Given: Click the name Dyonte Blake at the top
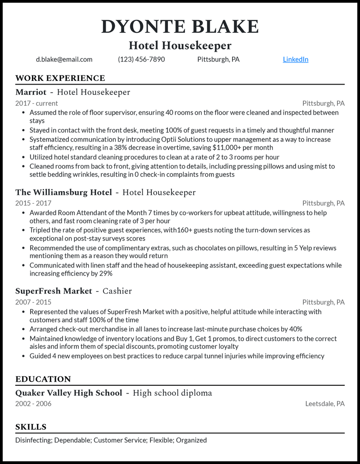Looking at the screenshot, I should coord(180,27).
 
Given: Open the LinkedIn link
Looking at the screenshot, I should coord(296,59).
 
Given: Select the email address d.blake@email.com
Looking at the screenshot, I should coord(64,59).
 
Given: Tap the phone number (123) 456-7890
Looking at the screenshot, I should coord(141,59).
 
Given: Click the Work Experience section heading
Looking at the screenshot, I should coord(60,78).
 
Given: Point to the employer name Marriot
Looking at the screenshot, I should coord(31,92).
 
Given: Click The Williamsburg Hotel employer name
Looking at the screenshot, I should coord(63,192).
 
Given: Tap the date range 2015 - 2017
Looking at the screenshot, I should coord(33,203).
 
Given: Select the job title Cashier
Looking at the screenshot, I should coord(117,291).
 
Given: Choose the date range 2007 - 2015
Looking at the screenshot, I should coord(33,302).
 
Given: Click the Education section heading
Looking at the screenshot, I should coord(43,379).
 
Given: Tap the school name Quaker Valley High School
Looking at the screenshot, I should coord(69,393).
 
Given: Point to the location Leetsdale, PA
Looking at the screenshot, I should coord(325,404).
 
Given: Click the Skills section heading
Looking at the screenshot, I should coord(31,427).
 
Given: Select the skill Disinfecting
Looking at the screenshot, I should coord(33,440).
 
